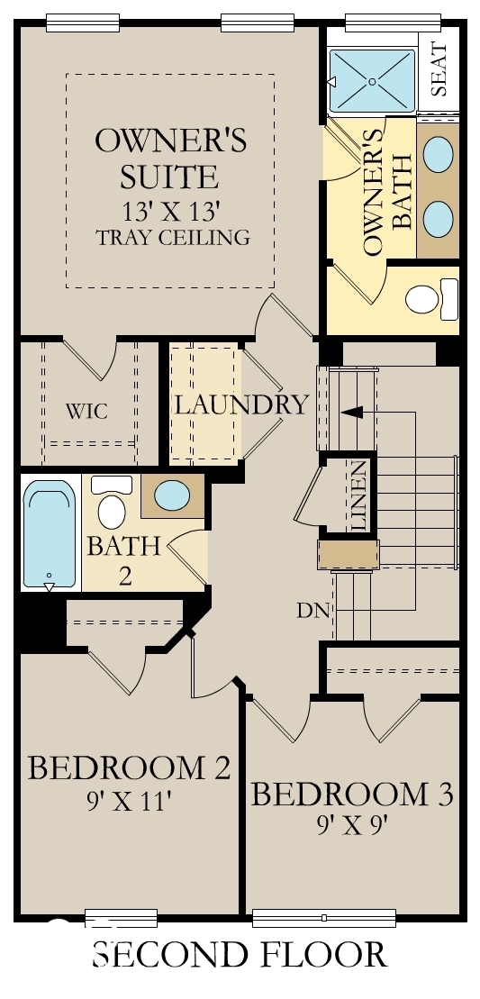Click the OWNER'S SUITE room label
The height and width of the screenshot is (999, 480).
point(170,158)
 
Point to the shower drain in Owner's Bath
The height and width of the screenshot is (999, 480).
point(371,81)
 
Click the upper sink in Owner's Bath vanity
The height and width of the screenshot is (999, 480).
point(439,154)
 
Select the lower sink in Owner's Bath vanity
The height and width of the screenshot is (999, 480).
point(439,217)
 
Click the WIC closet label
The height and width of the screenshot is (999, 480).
point(87,412)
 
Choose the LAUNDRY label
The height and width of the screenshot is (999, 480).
point(240,404)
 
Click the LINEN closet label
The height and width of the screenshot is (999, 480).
point(358,495)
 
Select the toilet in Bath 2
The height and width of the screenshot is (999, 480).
point(112,505)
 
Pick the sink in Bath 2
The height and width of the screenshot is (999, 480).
point(171,495)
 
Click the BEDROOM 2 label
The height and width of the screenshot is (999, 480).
point(129,768)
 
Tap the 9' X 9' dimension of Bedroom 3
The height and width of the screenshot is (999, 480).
point(351,824)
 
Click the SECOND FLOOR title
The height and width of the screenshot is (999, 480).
point(240,955)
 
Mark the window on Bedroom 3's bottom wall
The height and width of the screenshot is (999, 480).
point(324,918)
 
